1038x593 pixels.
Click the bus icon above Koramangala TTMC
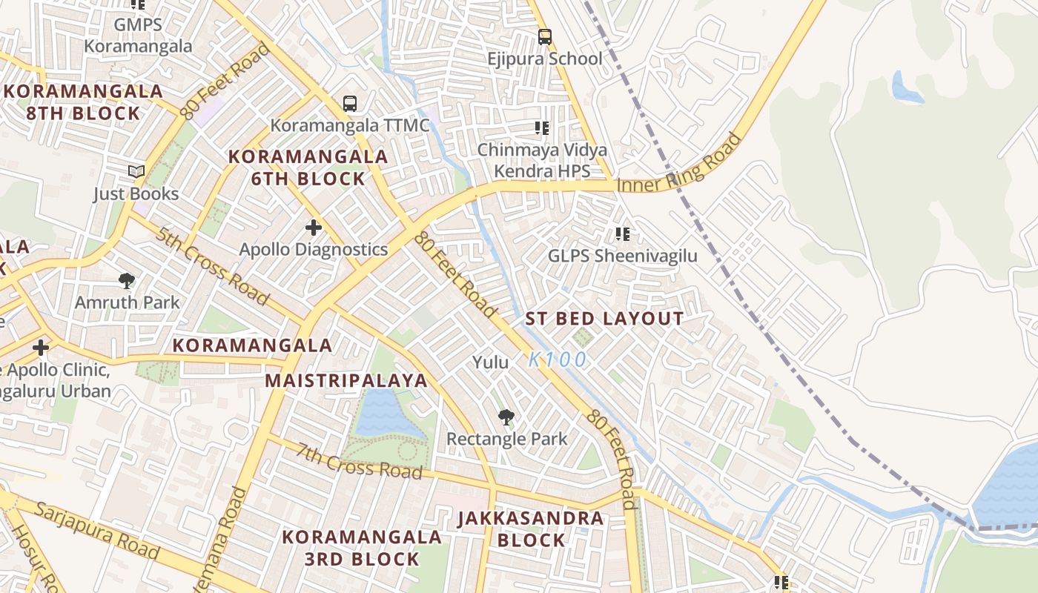pos(349,104)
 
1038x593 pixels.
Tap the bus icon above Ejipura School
pos(545,36)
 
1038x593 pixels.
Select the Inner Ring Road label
pos(679,164)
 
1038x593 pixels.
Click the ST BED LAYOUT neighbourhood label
pos(604,319)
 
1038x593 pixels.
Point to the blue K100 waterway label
pos(558,360)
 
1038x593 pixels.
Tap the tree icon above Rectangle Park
pos(506,417)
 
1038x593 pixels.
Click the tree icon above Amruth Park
pos(127,281)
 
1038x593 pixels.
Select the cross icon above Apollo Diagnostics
pos(314,228)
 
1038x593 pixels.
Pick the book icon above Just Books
pos(136,172)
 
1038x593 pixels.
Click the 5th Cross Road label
pos(212,265)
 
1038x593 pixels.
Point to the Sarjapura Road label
pos(97,531)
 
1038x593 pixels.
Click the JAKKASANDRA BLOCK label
pos(531,529)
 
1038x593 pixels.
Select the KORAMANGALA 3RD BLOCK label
pos(362,547)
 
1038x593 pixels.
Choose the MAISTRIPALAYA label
pos(346,381)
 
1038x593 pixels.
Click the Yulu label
pos(491,362)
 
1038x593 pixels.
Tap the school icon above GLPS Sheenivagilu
pos(623,235)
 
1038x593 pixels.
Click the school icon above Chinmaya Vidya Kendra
pos(542,128)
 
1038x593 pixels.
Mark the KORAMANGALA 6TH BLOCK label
pos(308,168)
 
